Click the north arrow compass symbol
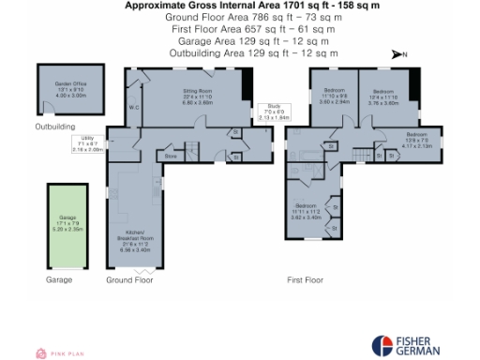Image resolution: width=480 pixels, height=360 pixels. click(398, 55)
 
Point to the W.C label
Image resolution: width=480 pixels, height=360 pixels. click(134, 108)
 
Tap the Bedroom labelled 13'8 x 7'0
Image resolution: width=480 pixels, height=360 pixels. click(416, 142)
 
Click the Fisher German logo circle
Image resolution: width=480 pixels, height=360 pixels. click(384, 345)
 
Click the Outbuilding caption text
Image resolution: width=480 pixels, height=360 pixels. click(55, 125)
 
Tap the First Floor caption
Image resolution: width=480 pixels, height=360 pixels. click(305, 279)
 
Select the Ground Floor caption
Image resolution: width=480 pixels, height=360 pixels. click(129, 279)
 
